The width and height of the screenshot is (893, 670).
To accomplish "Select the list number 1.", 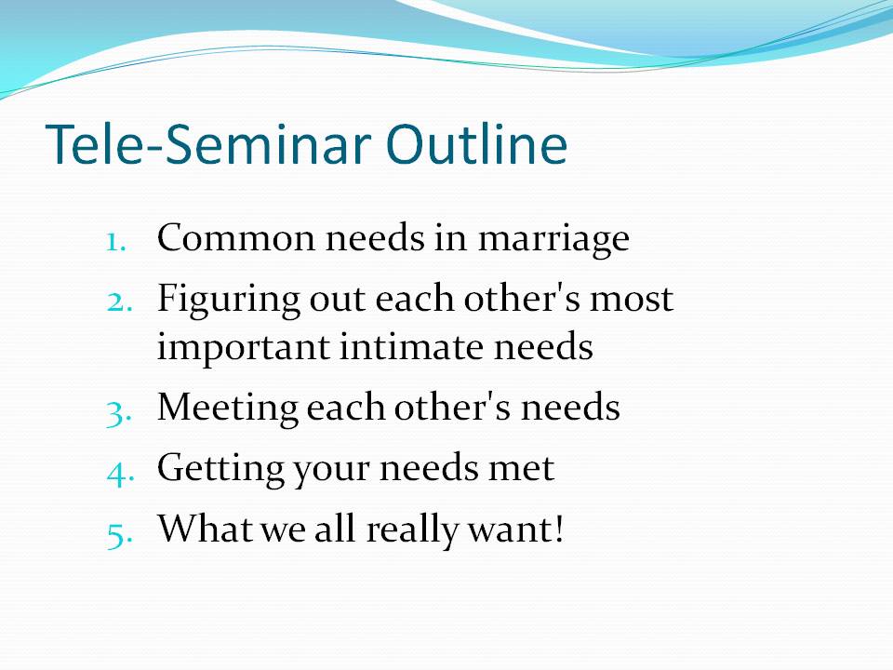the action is click(x=116, y=242).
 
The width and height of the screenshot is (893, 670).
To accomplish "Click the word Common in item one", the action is click(x=235, y=237).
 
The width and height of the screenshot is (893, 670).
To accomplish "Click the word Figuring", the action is click(x=229, y=301).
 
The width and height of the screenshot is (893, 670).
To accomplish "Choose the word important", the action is click(x=244, y=349).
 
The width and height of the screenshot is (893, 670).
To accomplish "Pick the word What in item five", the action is click(x=205, y=528).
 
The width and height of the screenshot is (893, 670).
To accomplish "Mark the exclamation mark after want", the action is click(x=559, y=529).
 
